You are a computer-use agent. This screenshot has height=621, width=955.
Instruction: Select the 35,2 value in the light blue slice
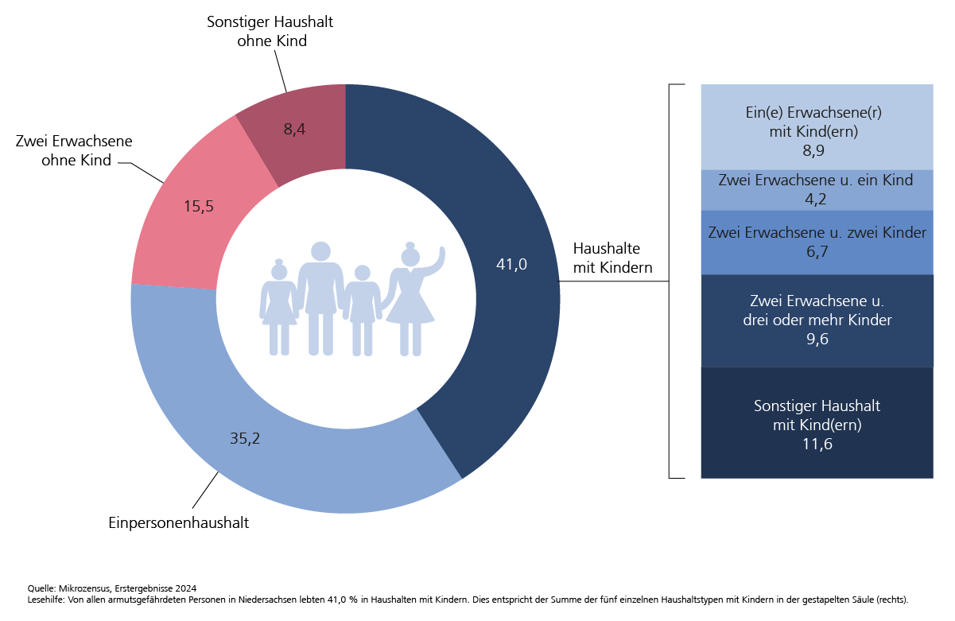coord(245,438)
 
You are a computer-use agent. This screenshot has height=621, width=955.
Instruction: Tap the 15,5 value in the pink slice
coord(199,207)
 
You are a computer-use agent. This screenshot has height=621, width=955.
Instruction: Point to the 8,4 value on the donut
coord(294,129)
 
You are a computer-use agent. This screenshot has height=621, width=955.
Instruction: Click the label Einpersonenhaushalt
coord(179,523)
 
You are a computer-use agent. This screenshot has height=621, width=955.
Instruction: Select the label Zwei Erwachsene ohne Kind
coord(74,150)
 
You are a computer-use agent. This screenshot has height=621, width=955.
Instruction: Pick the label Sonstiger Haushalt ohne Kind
coord(270,31)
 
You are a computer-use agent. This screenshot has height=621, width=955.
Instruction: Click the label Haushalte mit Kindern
coord(612,258)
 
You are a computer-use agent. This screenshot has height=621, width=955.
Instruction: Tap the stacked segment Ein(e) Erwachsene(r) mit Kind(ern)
coord(817,126)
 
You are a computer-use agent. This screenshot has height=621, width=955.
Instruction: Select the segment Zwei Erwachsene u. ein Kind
coord(817,189)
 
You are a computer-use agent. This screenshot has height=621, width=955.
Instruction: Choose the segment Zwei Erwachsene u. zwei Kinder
coord(817,242)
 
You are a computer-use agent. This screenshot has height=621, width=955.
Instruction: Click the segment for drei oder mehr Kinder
coord(817,320)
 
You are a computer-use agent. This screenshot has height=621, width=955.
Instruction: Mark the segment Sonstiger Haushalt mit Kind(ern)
coord(817,423)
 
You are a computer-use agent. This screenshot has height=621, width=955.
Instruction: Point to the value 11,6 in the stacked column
coord(817,444)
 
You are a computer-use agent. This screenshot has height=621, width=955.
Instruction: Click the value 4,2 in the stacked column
coord(817,200)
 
